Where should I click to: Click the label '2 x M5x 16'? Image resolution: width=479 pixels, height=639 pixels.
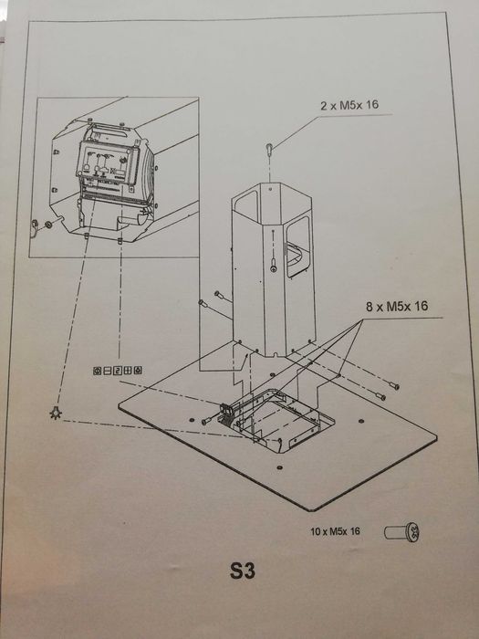click(x=349, y=105)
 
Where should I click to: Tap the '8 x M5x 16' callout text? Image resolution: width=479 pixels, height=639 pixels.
click(x=397, y=306)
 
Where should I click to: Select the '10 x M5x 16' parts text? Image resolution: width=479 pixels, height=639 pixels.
click(x=335, y=531)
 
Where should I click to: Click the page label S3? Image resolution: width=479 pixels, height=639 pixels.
click(x=243, y=571)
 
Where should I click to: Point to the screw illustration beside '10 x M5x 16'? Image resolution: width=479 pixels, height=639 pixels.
click(x=402, y=532)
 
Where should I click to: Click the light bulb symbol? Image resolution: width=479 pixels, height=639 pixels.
click(x=56, y=413)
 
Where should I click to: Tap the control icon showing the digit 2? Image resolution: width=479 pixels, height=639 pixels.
click(x=117, y=371)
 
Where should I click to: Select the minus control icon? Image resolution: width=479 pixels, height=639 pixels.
click(x=107, y=371)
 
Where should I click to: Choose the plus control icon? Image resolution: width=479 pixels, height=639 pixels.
click(x=127, y=371)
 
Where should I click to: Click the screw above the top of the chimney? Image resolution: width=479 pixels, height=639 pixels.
click(x=270, y=149)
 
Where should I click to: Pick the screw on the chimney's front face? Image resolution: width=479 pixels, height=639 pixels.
click(x=275, y=266)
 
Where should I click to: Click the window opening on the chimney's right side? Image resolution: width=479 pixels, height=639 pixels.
click(x=298, y=247)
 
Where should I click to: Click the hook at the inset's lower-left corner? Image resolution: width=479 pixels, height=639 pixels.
click(x=36, y=226)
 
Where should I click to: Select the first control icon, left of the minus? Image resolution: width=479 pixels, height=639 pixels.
click(x=97, y=371)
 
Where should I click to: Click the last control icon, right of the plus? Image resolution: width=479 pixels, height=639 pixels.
click(x=138, y=371)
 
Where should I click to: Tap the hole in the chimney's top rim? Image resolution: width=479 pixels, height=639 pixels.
click(x=270, y=188)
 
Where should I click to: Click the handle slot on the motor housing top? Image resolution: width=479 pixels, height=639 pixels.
click(x=112, y=132)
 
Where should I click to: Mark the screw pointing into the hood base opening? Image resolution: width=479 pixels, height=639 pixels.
click(x=207, y=422)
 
